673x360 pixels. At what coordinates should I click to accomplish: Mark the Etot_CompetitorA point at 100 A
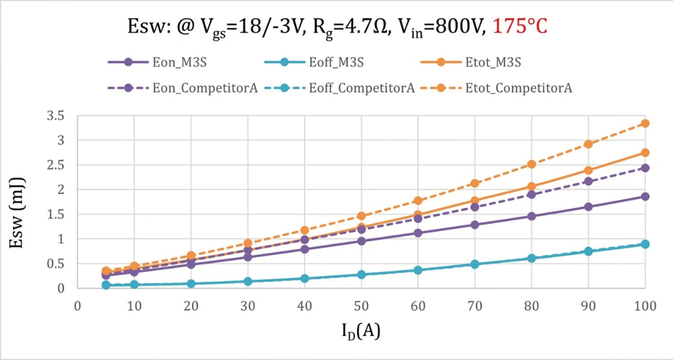point(645,124)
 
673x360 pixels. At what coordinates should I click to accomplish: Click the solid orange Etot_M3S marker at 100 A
point(645,152)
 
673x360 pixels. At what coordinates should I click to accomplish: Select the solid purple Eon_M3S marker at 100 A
point(645,197)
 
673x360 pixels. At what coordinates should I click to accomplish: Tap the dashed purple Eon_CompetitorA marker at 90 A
point(588,181)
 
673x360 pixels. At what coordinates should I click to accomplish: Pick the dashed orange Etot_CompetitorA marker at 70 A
point(475,183)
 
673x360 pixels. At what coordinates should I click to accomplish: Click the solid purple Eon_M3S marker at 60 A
point(418,233)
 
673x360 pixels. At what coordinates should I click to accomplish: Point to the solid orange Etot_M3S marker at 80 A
point(532,186)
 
